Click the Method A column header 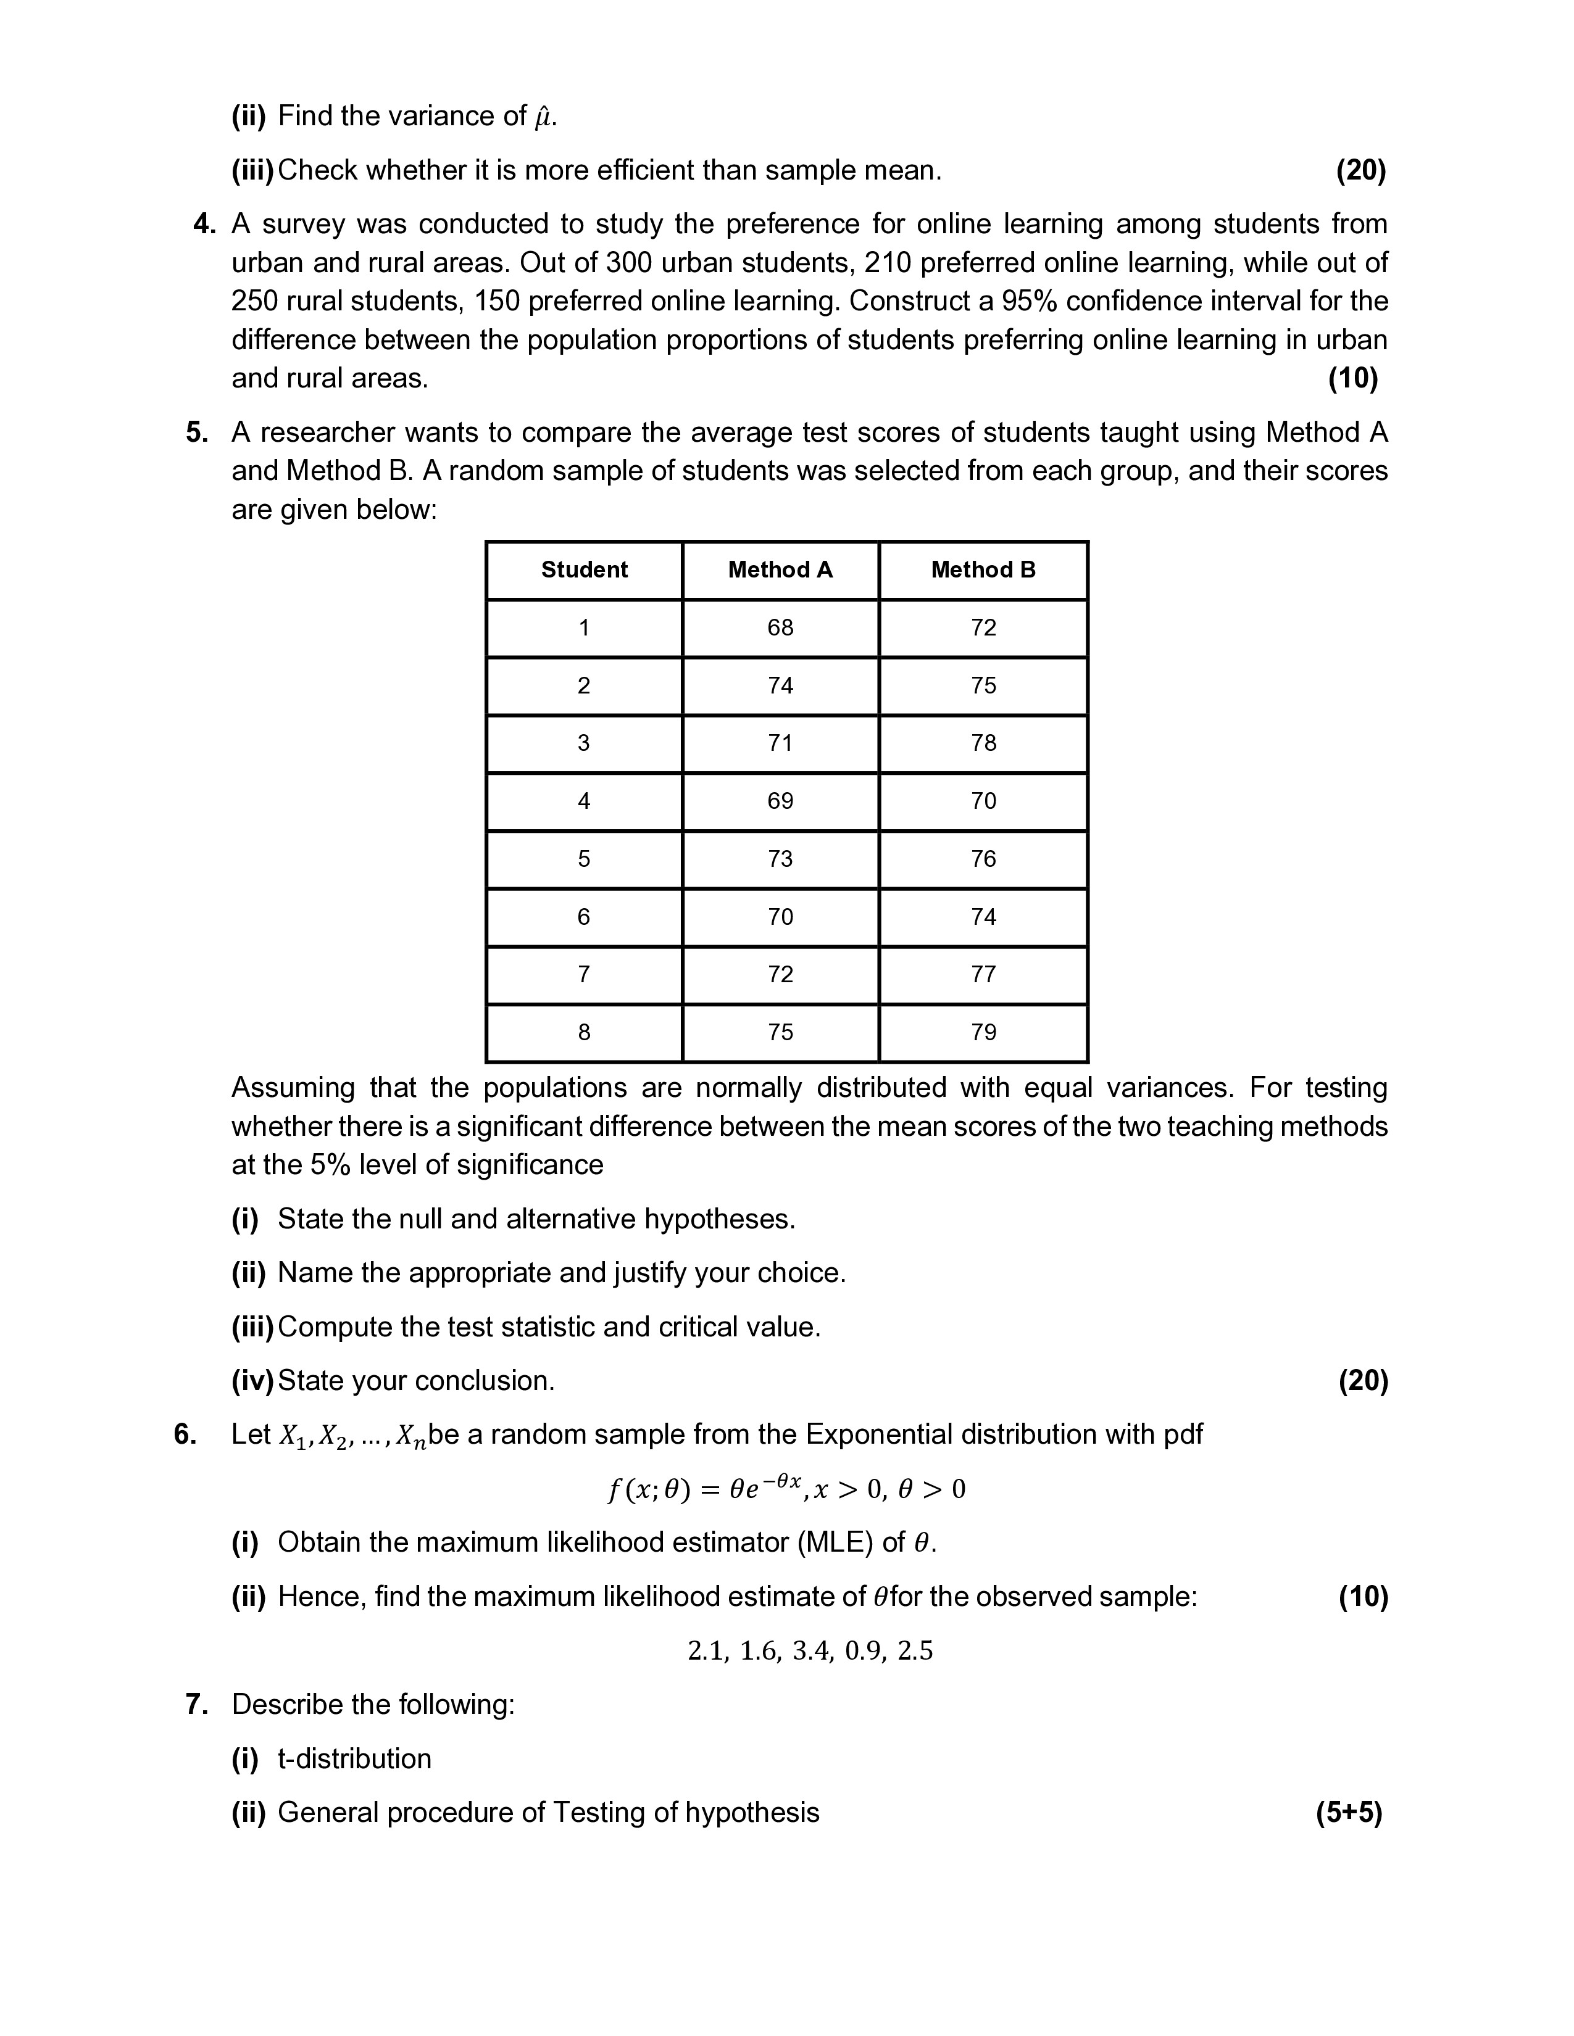pyautogui.click(x=780, y=569)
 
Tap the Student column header pyautogui.click(x=584, y=569)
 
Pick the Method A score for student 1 pyautogui.click(x=780, y=627)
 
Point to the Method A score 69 pyautogui.click(x=780, y=801)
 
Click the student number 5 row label pyautogui.click(x=584, y=859)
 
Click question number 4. pyautogui.click(x=204, y=225)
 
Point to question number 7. pyautogui.click(x=196, y=1704)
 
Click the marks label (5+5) pyautogui.click(x=1348, y=1812)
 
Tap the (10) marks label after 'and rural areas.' pyautogui.click(x=1352, y=378)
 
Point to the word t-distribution pyautogui.click(x=354, y=1758)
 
